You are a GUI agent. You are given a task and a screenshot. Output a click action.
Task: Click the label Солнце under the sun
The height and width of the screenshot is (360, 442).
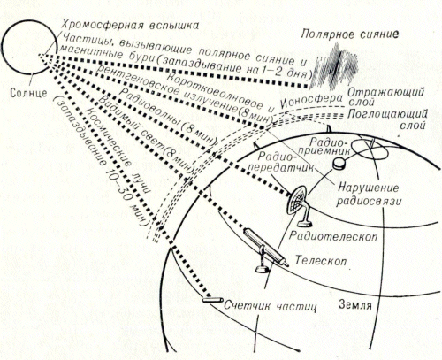tap(28, 93)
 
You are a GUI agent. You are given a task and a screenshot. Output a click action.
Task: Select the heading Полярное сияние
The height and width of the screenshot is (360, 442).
tap(350, 34)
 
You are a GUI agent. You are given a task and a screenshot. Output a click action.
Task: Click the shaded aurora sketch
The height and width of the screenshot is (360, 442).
tap(335, 66)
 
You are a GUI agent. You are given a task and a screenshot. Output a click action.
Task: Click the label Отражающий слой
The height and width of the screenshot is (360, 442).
tap(386, 96)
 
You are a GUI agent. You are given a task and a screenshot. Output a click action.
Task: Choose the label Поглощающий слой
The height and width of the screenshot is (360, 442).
tap(387, 119)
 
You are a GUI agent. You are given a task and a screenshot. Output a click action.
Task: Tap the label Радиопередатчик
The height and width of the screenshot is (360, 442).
tap(280, 162)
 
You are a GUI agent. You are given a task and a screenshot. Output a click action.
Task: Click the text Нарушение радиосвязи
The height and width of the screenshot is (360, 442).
tap(369, 194)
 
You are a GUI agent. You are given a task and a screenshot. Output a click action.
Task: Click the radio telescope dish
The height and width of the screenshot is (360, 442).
tap(297, 199)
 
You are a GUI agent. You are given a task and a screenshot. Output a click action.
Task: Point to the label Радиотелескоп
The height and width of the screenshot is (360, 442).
tap(333, 236)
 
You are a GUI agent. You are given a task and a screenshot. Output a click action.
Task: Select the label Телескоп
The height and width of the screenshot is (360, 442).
tap(321, 261)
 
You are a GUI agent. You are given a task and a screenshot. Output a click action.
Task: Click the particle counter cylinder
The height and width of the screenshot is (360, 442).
tap(213, 300)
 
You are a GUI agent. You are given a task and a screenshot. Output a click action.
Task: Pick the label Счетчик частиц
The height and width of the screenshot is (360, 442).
tap(271, 305)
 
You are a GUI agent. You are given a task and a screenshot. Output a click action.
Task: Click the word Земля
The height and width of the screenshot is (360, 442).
tap(355, 304)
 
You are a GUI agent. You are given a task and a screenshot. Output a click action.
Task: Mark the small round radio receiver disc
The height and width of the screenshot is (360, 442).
tap(339, 163)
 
